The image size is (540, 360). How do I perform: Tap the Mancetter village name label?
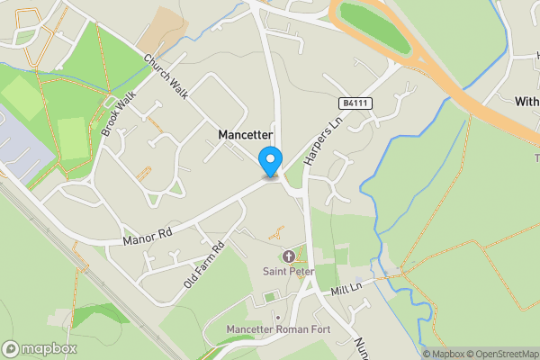pos(246,134)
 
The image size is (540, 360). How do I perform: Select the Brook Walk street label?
pos(117,118)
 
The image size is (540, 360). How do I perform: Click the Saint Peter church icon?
pos(289,256)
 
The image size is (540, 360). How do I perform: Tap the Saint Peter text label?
pos(288,271)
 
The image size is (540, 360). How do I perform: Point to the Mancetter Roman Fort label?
pos(279,329)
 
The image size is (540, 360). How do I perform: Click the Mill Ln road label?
pos(345,289)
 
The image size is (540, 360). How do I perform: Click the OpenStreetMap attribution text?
pos(501,354)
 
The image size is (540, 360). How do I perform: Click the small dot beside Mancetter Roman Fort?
pos(278,318)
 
